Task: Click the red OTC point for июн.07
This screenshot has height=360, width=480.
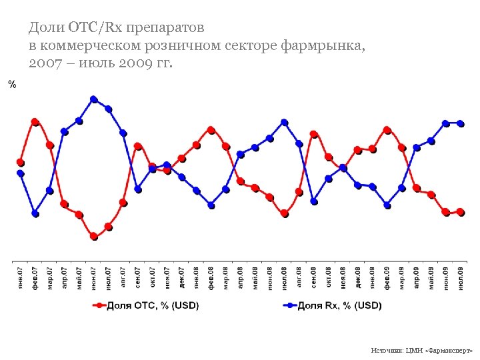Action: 94,237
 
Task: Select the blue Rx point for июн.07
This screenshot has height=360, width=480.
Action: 94,99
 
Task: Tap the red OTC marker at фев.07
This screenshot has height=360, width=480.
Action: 35,122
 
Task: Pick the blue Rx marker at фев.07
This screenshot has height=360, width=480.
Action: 35,214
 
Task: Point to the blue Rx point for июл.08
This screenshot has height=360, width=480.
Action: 285,122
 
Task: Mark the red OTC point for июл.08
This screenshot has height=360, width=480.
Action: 285,214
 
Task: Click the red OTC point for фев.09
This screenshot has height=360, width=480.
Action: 387,129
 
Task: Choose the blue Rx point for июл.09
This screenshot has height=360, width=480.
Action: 461,123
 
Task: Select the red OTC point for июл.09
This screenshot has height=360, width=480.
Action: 461,212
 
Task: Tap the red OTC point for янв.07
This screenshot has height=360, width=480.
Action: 21,162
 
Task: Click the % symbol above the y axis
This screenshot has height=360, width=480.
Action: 11,84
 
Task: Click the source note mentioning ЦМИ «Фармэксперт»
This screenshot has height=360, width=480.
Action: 421,350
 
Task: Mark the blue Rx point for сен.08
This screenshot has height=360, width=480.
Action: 314,201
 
